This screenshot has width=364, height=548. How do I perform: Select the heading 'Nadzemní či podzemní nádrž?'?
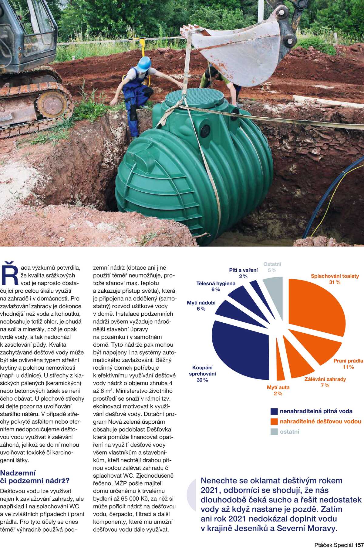[35, 477]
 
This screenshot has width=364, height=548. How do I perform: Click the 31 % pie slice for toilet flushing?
[315, 306]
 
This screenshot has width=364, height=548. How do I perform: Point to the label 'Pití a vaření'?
[243, 270]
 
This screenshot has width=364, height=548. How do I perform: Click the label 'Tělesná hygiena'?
[216, 284]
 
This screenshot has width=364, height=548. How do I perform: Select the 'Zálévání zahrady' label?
[325, 379]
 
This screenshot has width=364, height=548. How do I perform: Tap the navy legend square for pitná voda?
[274, 412]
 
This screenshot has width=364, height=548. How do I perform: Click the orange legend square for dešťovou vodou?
[274, 422]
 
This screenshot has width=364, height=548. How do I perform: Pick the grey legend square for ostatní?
[274, 432]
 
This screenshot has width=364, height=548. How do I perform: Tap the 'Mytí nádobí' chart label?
[201, 303]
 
